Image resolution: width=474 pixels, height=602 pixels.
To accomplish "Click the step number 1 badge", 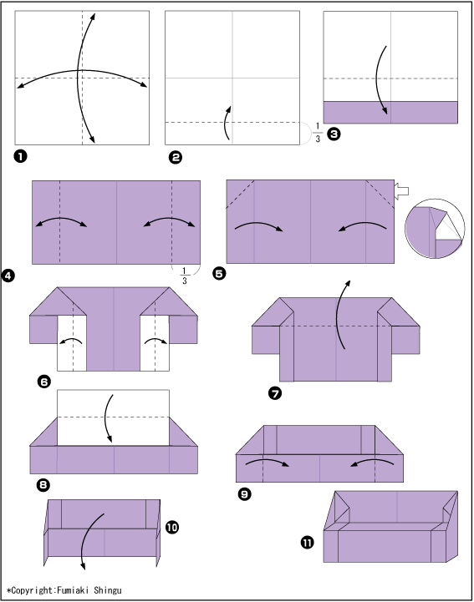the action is [20, 156].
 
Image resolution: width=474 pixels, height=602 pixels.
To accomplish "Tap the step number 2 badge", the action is [176, 158].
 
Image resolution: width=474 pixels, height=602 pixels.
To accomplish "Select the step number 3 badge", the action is [334, 134].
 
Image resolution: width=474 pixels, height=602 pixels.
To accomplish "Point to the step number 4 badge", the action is [8, 276].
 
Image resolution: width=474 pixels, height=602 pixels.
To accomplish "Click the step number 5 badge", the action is [219, 273].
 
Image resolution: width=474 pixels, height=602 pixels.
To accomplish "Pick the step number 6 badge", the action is [43, 382].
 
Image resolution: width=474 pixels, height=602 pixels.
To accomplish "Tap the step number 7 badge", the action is [275, 393].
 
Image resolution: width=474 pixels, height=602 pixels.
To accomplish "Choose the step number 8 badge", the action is [43, 485].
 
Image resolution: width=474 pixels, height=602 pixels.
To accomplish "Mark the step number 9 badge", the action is [244, 493].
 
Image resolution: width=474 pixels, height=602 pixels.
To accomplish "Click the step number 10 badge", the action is [172, 527].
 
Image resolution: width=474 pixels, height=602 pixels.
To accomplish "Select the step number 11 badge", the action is [307, 543].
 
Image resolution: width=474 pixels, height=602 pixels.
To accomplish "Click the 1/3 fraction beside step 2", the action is [318, 133].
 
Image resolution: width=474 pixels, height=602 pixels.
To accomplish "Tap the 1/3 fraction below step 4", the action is [184, 276].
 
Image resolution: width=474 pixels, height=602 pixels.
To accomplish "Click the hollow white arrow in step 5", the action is [401, 191].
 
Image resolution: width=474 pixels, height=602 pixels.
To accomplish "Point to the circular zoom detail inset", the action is [435, 229].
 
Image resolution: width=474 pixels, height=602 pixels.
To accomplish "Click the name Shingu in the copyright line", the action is [108, 590].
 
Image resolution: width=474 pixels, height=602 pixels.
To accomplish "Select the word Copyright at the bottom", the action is [33, 590].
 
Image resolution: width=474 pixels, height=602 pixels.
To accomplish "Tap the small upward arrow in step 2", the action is [226, 123].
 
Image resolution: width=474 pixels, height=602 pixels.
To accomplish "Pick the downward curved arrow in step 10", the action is [88, 538].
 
